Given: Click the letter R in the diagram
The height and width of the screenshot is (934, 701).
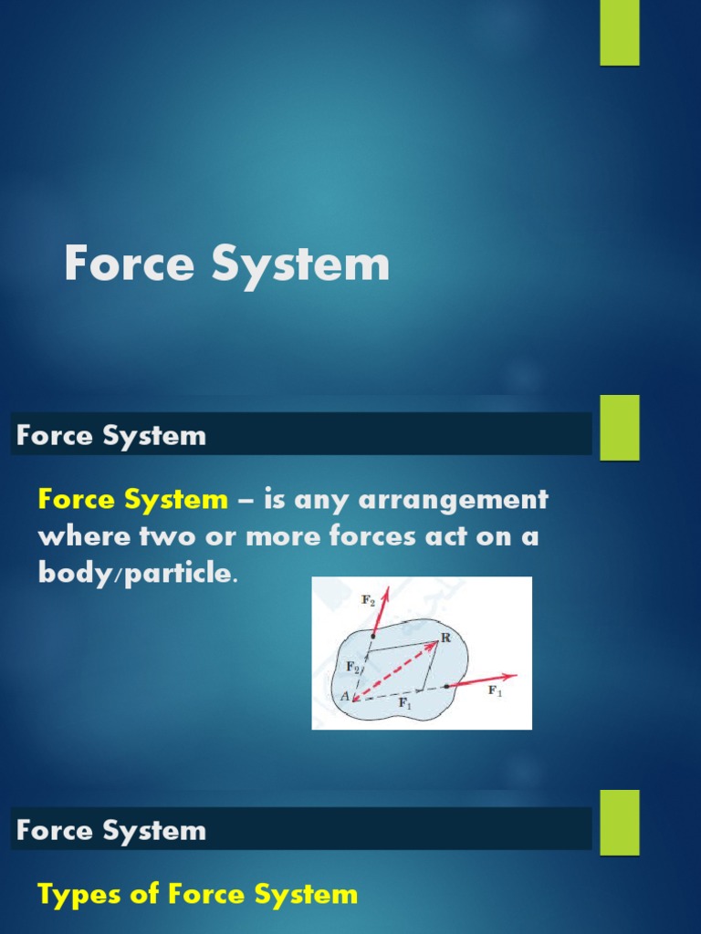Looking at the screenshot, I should pyautogui.click(x=445, y=638).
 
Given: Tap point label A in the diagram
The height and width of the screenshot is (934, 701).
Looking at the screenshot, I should pyautogui.click(x=345, y=697).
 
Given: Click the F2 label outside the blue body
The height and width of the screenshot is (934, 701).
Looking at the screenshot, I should pyautogui.click(x=368, y=601).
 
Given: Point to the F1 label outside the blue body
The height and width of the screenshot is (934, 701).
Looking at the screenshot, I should pyautogui.click(x=496, y=690).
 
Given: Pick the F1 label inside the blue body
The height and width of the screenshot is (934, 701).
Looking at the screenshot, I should pyautogui.click(x=403, y=704).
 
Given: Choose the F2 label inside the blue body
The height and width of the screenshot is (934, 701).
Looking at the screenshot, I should pyautogui.click(x=353, y=667).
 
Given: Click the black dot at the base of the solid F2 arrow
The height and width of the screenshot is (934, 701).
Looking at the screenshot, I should pyautogui.click(x=372, y=635).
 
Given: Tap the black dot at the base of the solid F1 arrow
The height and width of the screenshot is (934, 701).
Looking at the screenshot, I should pyautogui.click(x=446, y=686).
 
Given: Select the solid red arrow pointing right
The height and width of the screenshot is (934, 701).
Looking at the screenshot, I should pyautogui.click(x=481, y=680).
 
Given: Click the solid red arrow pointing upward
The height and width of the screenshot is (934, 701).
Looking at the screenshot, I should pyautogui.click(x=379, y=612).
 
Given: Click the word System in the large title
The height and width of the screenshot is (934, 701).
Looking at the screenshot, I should pyautogui.click(x=300, y=265).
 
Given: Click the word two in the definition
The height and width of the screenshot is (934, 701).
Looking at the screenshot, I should pyautogui.click(x=158, y=537).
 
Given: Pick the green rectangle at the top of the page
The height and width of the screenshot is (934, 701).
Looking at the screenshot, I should pyautogui.click(x=619, y=33).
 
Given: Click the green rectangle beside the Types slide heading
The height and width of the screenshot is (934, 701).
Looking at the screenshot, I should pyautogui.click(x=619, y=822).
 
